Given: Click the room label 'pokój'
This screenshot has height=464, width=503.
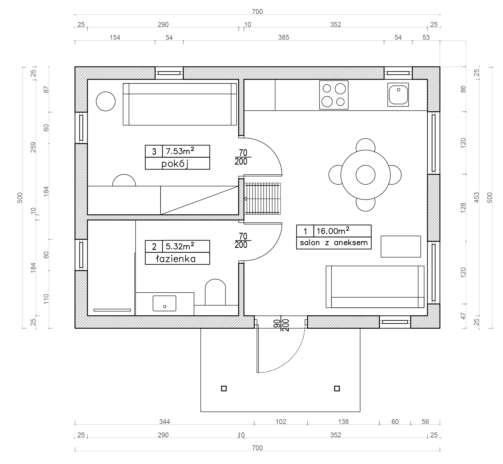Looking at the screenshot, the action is [175, 164].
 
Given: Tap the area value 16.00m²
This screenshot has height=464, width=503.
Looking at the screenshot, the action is [333, 231].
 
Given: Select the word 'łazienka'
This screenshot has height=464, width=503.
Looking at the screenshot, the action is [176, 259].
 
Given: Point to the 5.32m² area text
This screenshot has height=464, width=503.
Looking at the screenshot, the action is [180, 246].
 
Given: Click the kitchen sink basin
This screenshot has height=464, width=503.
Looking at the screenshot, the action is [398, 95].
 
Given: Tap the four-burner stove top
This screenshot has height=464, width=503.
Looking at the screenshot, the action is [334, 95].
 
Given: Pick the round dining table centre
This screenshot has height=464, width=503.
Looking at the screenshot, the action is [365, 175].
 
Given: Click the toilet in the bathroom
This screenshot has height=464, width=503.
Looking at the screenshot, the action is [215, 292].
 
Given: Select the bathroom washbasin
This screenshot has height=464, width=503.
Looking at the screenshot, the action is [164, 303].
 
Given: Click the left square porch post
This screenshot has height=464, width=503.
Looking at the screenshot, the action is [224, 389].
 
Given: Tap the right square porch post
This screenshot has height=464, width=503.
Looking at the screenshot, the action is [337, 389].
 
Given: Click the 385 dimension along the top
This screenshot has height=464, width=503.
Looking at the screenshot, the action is [284, 37].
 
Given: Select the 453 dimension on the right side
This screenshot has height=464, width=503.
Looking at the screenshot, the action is [477, 197].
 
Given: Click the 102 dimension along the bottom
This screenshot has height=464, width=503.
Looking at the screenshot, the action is [281, 422].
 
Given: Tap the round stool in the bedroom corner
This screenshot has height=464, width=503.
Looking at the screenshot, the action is [106, 101].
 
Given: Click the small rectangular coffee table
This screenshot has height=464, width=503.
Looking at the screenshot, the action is [401, 247].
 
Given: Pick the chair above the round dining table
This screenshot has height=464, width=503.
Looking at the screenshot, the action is [365, 145].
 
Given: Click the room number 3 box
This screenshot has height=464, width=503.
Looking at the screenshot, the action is [154, 151].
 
